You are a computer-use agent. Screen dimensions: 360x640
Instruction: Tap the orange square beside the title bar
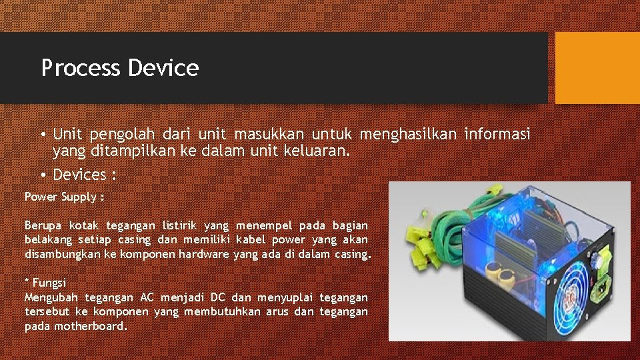click(597, 68)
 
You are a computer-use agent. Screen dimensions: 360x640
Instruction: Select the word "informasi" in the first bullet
click(497, 135)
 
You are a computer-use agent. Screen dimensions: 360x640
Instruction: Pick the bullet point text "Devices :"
click(85, 175)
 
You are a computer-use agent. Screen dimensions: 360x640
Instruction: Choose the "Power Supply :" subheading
click(65, 197)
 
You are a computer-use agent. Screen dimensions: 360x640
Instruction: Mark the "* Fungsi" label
click(45, 283)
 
